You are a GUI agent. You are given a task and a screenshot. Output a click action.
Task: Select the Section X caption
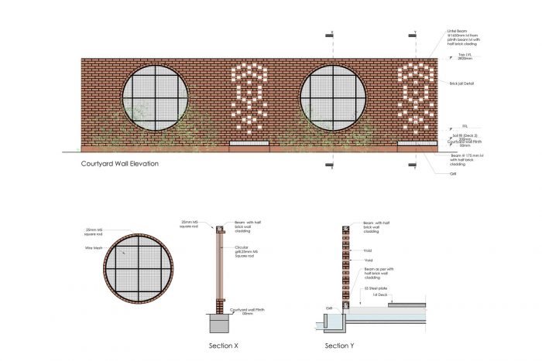point(224,345)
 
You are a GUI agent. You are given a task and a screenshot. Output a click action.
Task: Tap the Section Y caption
point(339,345)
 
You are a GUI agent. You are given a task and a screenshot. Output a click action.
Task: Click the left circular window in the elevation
point(159,97)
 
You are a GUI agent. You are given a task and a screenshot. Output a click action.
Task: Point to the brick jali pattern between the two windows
point(250,97)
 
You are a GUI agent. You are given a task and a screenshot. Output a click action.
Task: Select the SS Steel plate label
point(377,288)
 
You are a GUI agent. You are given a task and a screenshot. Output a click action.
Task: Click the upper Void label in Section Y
point(369,250)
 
